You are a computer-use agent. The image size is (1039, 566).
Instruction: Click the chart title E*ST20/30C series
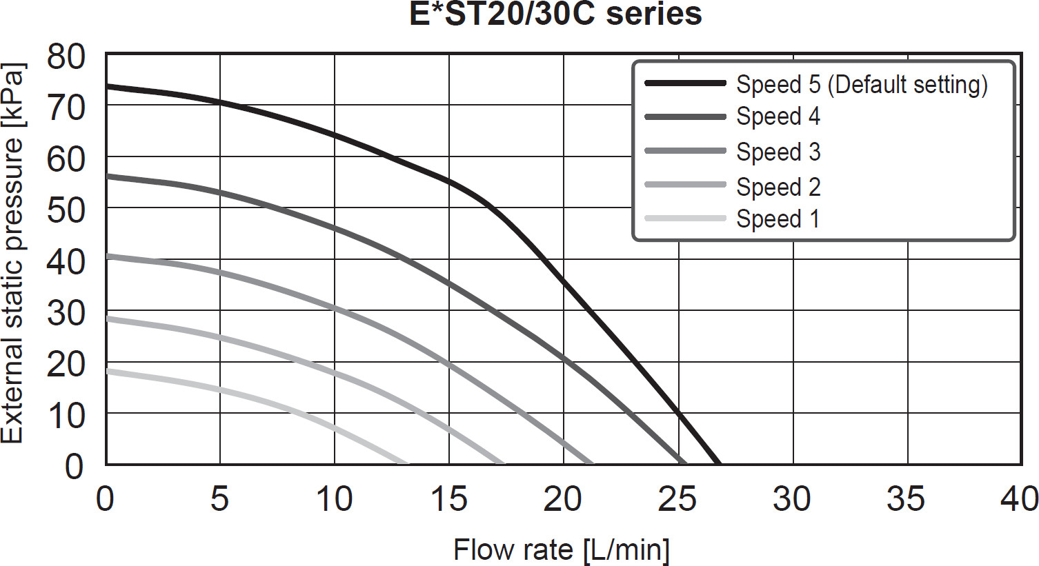point(555,14)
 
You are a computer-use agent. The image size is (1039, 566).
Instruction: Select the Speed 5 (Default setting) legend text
point(862,84)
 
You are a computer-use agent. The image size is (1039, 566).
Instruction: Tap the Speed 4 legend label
point(778,117)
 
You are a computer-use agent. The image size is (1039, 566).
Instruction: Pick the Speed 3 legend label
point(778,152)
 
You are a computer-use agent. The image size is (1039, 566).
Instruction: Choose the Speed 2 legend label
point(778,187)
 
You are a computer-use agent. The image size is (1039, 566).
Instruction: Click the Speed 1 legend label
point(778,219)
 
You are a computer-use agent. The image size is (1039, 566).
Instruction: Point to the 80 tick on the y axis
point(66,57)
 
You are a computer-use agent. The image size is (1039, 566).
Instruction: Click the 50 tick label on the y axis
point(66,210)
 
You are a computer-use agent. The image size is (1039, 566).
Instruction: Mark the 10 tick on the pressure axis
point(66,415)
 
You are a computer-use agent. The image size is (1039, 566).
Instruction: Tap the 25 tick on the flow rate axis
point(677,499)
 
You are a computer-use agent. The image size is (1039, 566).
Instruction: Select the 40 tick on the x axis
point(1020,499)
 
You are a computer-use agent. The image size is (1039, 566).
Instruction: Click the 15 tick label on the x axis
point(448,499)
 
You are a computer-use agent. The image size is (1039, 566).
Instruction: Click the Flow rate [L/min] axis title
point(562,550)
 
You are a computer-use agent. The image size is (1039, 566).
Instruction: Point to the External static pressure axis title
point(13,254)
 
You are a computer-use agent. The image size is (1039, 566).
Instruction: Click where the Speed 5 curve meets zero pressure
point(719,463)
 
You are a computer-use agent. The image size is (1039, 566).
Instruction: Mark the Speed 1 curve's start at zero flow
point(107,371)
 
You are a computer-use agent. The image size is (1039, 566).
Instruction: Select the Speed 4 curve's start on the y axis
point(107,176)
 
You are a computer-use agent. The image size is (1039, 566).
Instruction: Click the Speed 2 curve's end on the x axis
point(502,463)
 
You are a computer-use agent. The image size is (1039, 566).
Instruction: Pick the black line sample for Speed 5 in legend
point(685,83)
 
